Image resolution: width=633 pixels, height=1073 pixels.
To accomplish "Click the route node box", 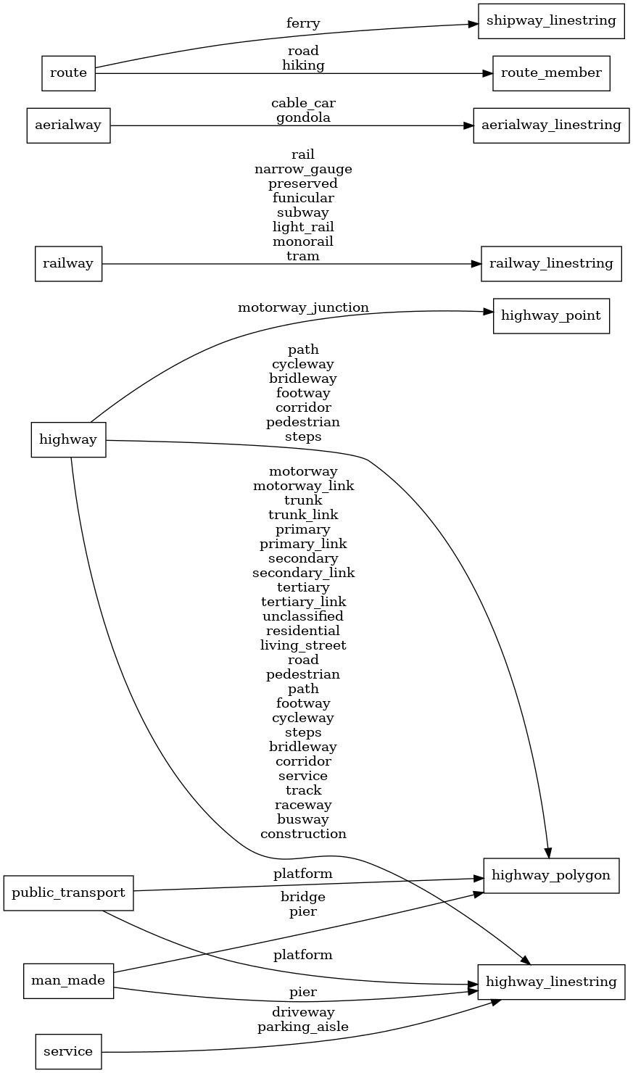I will pyautogui.click(x=68, y=72).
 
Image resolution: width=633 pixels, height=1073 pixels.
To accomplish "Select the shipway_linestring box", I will pyautogui.click(x=551, y=20).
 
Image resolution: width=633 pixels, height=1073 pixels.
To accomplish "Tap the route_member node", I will pyautogui.click(x=551, y=72).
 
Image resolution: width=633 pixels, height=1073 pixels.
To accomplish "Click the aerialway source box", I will pyautogui.click(x=68, y=125).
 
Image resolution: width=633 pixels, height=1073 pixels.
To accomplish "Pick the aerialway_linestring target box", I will pyautogui.click(x=551, y=125).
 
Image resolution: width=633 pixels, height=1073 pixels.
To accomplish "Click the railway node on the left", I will pyautogui.click(x=68, y=263).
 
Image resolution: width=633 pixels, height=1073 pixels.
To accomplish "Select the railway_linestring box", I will pyautogui.click(x=551, y=263).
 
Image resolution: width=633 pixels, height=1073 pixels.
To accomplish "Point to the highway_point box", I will pyautogui.click(x=551, y=316).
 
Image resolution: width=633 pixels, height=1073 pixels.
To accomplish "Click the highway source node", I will pyautogui.click(x=68, y=439).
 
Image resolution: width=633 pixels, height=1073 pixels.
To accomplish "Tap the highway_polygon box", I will pyautogui.click(x=551, y=875).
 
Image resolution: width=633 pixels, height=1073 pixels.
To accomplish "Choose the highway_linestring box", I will pyautogui.click(x=551, y=982).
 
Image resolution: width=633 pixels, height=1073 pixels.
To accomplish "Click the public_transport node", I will pyautogui.click(x=68, y=892).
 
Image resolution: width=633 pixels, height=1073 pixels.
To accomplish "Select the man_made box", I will pyautogui.click(x=68, y=981).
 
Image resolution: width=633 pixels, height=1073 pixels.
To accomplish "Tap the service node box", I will pyautogui.click(x=68, y=1051).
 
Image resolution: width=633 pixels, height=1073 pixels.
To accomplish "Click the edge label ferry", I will pyautogui.click(x=303, y=23).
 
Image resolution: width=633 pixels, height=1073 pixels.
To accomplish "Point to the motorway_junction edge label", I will pyautogui.click(x=303, y=307).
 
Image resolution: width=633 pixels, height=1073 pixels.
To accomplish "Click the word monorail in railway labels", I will pyautogui.click(x=303, y=241).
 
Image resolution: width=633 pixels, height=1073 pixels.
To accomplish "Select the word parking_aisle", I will pyautogui.click(x=303, y=1027).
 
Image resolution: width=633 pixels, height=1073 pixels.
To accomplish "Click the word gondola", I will pyautogui.click(x=303, y=117).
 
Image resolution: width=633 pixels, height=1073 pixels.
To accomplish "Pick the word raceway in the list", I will pyautogui.click(x=303, y=805).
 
